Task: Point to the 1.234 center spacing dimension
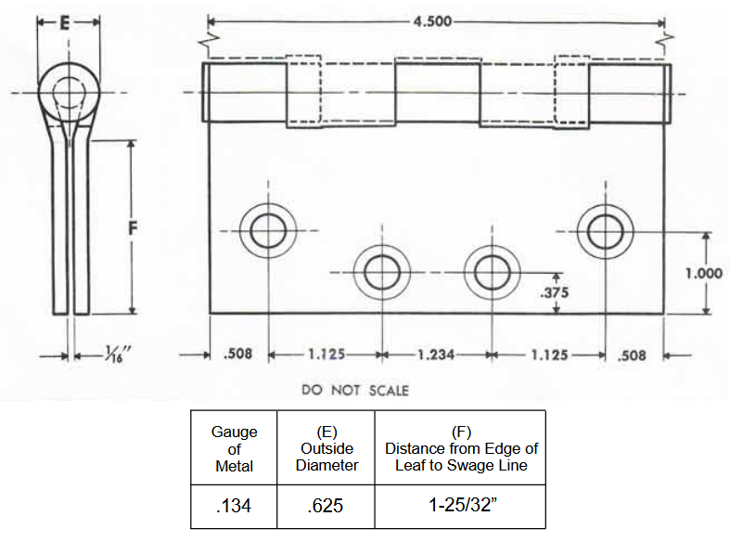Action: point(436,354)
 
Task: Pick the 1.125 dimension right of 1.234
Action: point(548,354)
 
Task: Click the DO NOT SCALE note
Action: point(355,390)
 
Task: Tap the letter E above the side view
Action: point(65,25)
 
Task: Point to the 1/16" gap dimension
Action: point(93,353)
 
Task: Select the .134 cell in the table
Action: point(234,506)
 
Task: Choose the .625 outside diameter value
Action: point(326,506)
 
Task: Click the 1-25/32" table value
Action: point(459,506)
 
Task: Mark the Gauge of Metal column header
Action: point(234,448)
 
